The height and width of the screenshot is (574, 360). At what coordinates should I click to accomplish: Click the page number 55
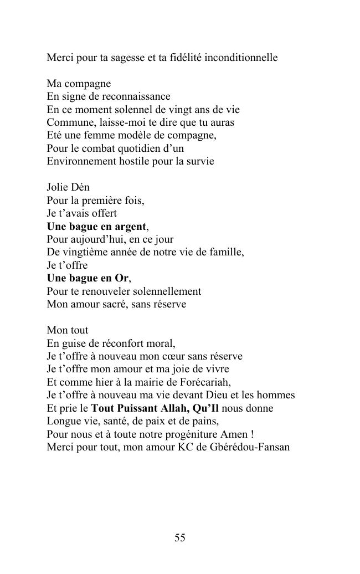pos(179,537)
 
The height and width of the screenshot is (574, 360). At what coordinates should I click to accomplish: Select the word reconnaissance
pos(135,96)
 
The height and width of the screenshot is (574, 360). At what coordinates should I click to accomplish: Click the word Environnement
pos(81,161)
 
